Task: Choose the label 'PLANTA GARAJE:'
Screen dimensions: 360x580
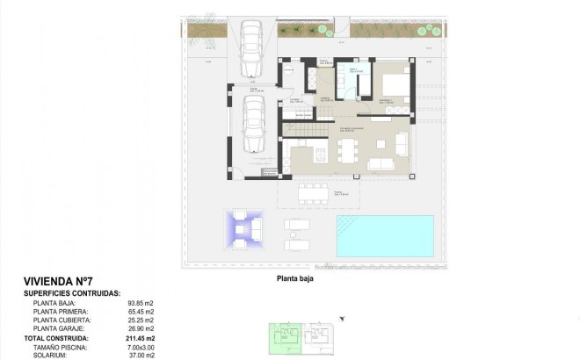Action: point(58,328)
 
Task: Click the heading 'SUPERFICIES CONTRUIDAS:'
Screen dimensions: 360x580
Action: point(72,294)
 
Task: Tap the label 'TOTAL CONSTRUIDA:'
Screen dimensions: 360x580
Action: point(55,338)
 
